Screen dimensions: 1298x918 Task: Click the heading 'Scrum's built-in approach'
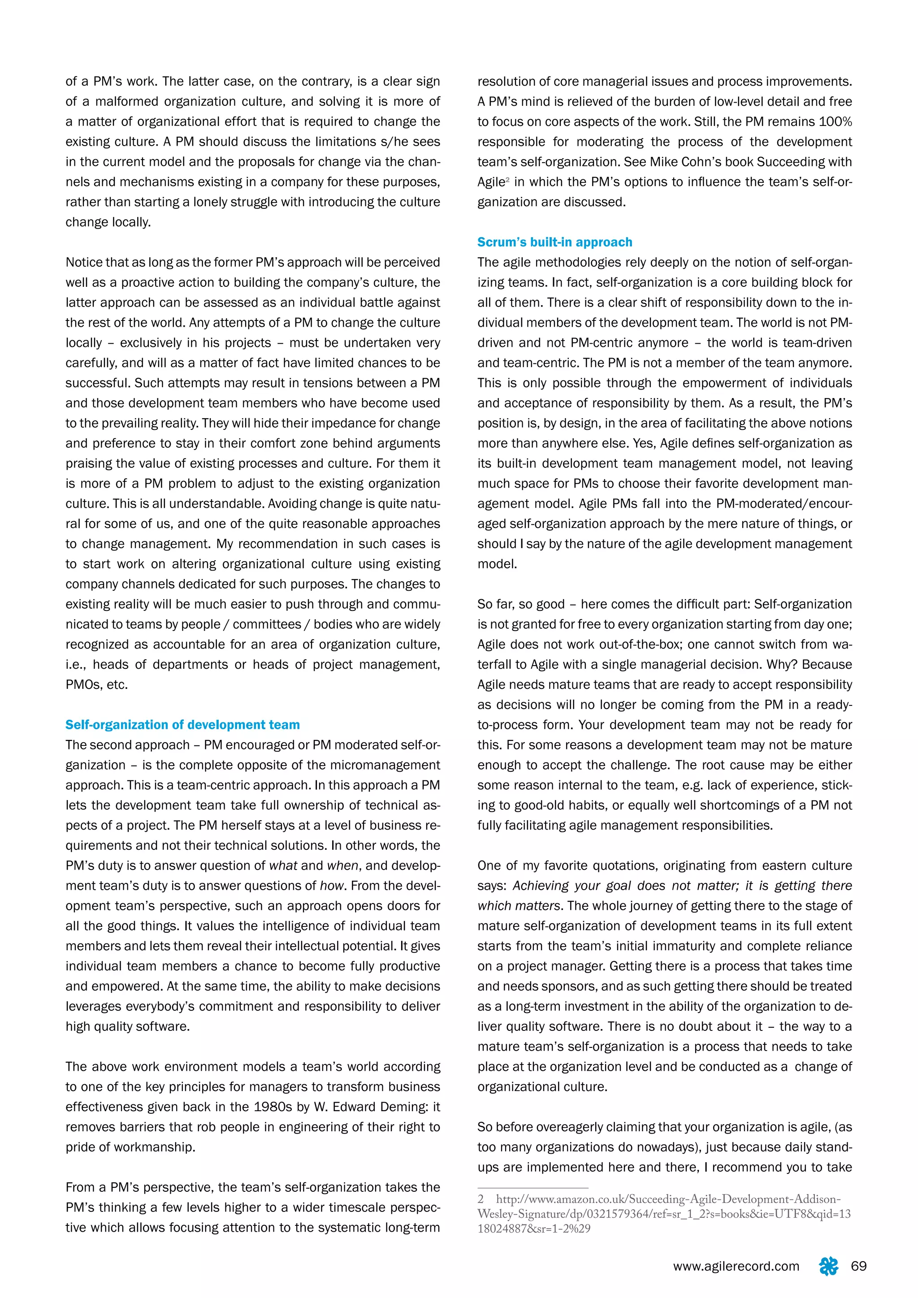554,242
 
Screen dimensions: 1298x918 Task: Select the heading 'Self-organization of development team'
182,725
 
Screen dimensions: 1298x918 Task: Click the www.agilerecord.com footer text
736,1266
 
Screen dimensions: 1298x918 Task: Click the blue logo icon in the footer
828,1266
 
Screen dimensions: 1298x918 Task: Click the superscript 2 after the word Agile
507,179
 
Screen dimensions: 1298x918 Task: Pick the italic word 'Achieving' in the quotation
541,886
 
